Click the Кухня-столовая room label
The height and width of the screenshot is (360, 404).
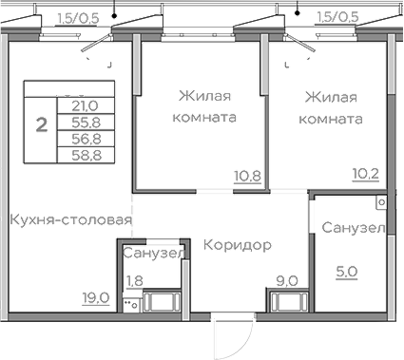point(69,220)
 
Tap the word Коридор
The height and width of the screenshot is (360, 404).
point(238,245)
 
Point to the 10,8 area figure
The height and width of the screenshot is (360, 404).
point(246,177)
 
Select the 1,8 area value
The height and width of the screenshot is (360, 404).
point(136,280)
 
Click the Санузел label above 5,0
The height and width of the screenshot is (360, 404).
point(352,229)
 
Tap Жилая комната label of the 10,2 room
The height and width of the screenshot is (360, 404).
point(331,107)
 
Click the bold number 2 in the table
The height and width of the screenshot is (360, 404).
point(40,124)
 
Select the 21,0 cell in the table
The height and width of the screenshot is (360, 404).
point(85,106)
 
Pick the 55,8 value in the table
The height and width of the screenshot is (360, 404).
point(85,122)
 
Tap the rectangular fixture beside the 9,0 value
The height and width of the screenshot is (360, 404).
point(287,302)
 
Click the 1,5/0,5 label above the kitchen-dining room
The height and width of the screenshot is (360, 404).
point(81,16)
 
